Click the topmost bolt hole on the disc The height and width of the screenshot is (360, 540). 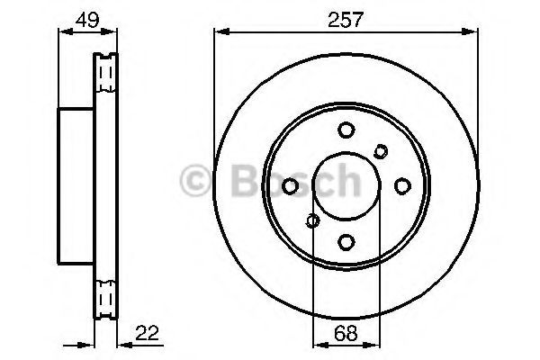(x=346, y=130)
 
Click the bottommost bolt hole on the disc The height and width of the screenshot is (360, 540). (x=346, y=240)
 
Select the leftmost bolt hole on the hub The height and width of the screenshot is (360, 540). (x=291, y=185)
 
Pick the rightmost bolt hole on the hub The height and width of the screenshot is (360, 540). (x=401, y=185)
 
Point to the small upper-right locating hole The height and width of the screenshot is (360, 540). (x=381, y=150)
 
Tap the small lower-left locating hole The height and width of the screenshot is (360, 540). (x=312, y=220)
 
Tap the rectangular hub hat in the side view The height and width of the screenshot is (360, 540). (x=76, y=184)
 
